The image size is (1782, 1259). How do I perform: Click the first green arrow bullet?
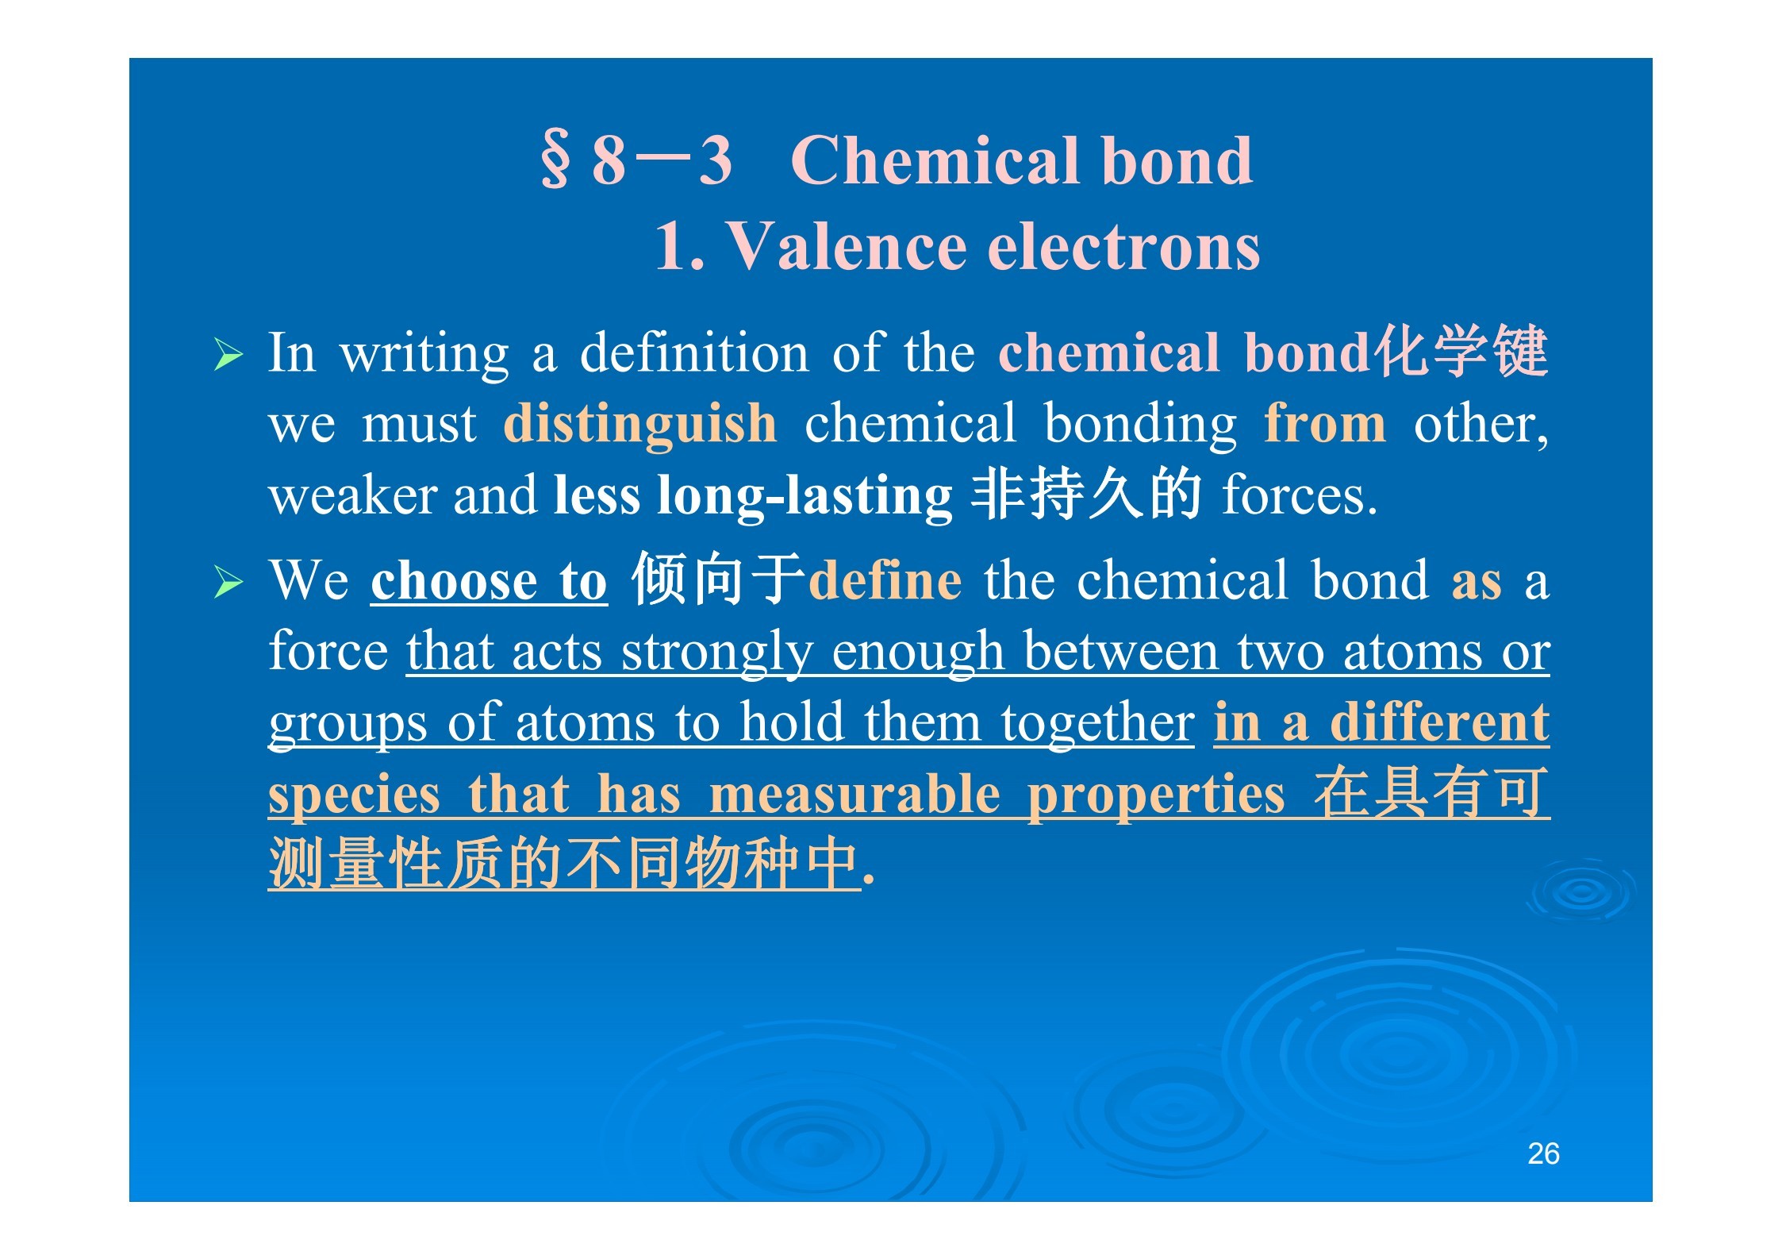click(229, 355)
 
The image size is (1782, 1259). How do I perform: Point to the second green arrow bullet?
click(229, 583)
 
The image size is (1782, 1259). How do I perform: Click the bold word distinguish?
click(640, 425)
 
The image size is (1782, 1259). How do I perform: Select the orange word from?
click(1325, 423)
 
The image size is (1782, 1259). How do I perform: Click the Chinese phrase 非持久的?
click(1085, 493)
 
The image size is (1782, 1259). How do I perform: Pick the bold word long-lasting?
click(805, 495)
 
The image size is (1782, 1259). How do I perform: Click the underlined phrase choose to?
click(489, 580)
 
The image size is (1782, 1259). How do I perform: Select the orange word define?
click(885, 579)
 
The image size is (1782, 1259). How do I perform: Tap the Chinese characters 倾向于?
click(719, 579)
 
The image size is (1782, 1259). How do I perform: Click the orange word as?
click(1477, 583)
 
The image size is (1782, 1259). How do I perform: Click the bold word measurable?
click(855, 794)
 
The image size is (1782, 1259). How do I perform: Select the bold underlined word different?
click(1439, 722)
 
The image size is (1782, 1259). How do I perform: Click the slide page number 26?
click(1543, 1153)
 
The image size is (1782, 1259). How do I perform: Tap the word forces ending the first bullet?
click(1299, 495)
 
